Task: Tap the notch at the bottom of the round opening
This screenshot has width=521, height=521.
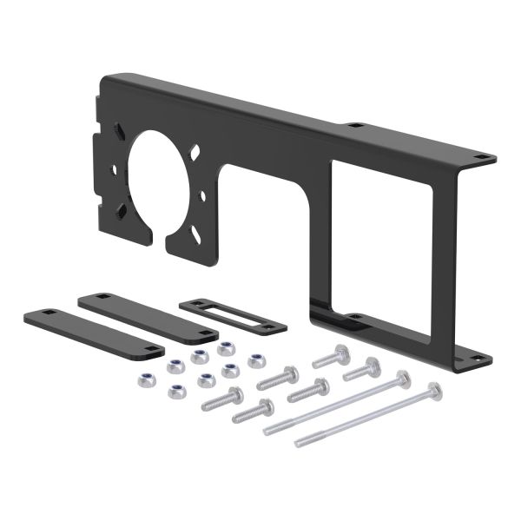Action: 162,232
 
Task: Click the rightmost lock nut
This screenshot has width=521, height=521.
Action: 256,359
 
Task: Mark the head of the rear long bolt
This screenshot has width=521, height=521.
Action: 402,379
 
